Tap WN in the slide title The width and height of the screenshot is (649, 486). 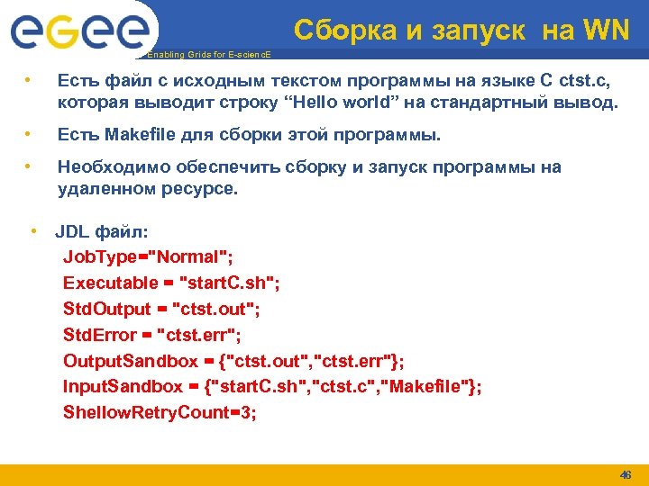(x=605, y=31)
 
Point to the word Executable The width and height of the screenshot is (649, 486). (x=110, y=283)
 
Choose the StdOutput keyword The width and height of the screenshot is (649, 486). (x=107, y=309)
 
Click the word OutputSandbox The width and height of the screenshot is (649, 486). (x=130, y=361)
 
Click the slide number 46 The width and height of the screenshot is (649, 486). (x=625, y=474)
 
